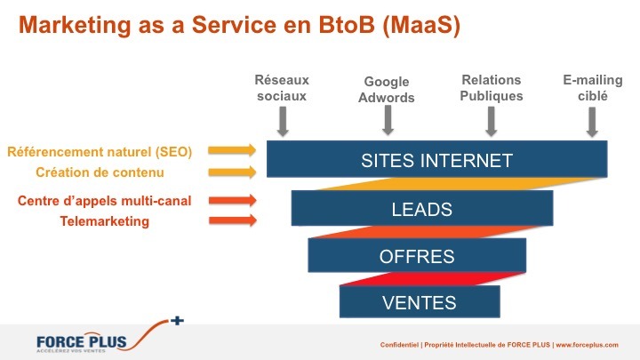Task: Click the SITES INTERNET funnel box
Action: tap(436, 159)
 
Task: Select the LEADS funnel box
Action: tap(422, 208)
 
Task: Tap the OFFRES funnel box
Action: tap(417, 255)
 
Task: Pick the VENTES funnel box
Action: tap(420, 301)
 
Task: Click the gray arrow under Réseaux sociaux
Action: tap(283, 121)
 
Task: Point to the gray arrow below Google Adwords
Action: tap(388, 120)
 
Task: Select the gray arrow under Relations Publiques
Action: tap(492, 121)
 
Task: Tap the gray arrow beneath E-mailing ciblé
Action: tap(592, 122)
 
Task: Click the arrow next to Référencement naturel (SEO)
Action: tap(232, 150)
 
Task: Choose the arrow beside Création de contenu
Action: tap(232, 172)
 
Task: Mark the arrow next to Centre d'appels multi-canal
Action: tap(233, 200)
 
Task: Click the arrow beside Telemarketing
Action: tap(233, 220)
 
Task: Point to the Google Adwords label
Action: tap(386, 90)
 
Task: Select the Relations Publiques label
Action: tap(491, 88)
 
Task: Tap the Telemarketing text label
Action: tap(105, 221)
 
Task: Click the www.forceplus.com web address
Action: tap(587, 345)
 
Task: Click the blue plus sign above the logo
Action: tap(177, 321)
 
